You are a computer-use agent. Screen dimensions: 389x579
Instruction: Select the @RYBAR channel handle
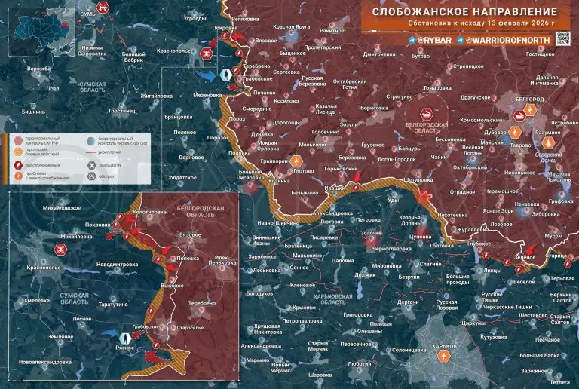coord(434,38)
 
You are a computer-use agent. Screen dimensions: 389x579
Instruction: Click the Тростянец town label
coord(121,110)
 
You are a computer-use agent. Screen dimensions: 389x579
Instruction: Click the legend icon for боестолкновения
coord(16,163)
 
